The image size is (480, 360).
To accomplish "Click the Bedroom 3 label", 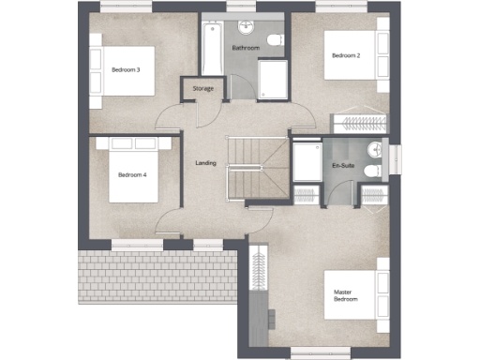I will (x=126, y=69).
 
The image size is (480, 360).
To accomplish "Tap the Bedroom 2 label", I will (x=346, y=55).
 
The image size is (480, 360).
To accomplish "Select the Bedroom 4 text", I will (x=132, y=174).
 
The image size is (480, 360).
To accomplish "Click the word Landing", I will (x=206, y=163).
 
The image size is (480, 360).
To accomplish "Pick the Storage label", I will (x=202, y=89).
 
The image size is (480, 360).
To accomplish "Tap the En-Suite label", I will (x=343, y=166).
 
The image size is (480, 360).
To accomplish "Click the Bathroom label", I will (x=246, y=47).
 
